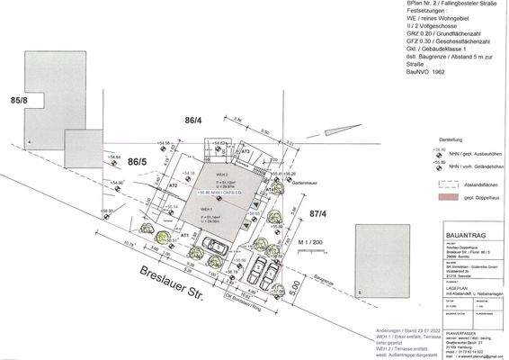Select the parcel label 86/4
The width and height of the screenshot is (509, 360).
tap(194, 119)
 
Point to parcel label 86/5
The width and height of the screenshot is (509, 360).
tap(137, 162)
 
